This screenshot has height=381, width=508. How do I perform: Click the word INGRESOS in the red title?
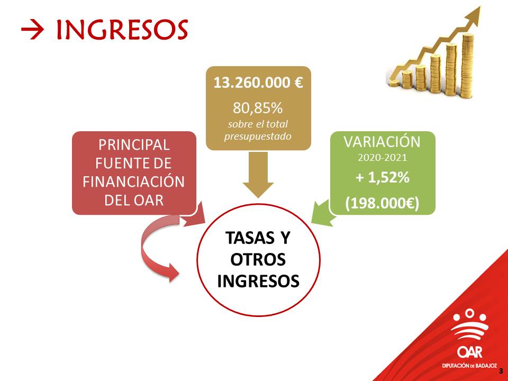point(122,30)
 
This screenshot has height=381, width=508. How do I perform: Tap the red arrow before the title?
point(32,30)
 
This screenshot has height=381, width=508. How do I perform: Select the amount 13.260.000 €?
point(258,83)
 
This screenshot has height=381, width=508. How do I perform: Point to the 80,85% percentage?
point(258,108)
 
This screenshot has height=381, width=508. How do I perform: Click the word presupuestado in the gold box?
point(258,137)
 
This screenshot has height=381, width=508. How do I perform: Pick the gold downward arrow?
point(258,175)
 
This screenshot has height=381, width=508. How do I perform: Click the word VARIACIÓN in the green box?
point(382,142)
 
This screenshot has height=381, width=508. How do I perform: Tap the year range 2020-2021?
point(382,158)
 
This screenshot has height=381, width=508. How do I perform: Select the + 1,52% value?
point(382,177)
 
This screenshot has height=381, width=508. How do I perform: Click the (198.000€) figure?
point(382,203)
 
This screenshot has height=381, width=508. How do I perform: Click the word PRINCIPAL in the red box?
point(134,145)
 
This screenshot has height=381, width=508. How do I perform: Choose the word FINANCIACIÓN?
point(134,182)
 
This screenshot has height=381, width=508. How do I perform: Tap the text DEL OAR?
point(134,201)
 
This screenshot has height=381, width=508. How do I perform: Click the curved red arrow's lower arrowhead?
point(174,272)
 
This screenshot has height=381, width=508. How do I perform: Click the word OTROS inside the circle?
point(258,259)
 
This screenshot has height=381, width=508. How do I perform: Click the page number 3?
point(501,371)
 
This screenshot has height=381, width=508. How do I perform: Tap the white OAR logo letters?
point(470,352)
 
